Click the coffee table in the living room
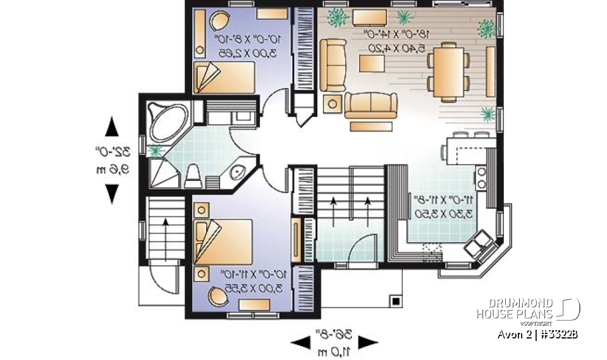373,63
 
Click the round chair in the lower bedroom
219,295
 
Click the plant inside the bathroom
155,151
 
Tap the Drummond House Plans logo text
515,309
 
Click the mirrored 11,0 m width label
334,351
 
